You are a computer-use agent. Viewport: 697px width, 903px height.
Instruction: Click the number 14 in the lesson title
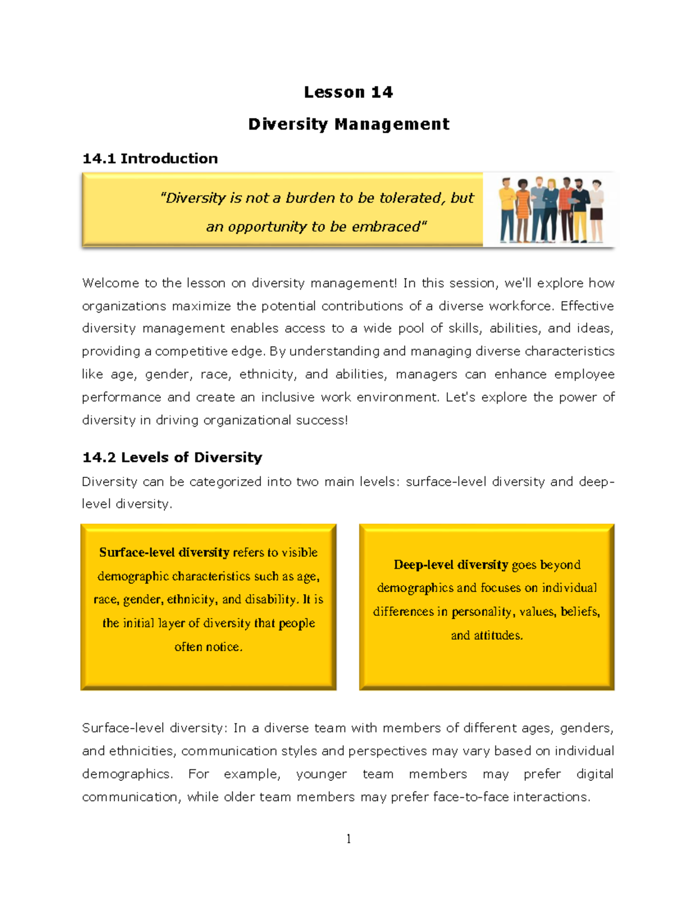pos(382,92)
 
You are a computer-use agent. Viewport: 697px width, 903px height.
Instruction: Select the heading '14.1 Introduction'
pos(150,159)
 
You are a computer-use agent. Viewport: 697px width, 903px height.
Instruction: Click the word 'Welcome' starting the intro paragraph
pos(110,283)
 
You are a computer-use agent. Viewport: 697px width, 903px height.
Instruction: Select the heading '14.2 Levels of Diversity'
pos(172,458)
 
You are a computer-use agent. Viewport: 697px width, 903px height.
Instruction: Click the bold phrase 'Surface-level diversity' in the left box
pos(164,552)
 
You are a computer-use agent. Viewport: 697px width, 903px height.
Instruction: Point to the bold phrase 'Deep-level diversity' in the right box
pos(451,565)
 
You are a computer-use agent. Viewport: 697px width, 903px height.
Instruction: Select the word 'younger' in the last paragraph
pos(321,774)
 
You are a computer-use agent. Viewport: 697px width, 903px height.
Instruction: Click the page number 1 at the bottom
pos(348,838)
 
